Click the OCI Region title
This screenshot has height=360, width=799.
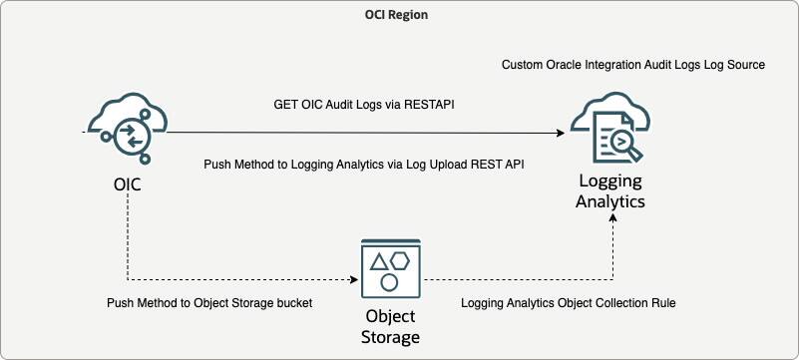click(x=399, y=17)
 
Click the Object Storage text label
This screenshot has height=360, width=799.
click(x=390, y=328)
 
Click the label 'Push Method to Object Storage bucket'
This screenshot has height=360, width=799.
click(x=210, y=302)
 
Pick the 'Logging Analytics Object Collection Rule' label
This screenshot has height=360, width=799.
click(x=569, y=302)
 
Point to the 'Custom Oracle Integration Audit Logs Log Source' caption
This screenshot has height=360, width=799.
click(x=632, y=65)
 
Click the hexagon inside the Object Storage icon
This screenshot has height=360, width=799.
click(x=400, y=261)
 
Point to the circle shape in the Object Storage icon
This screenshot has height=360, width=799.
click(x=390, y=282)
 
